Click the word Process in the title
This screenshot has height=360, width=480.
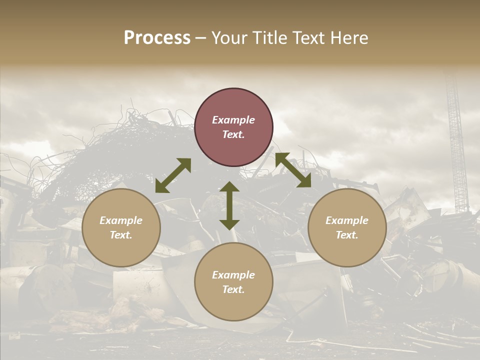(x=157, y=38)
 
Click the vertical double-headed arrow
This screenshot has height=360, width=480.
(x=229, y=206)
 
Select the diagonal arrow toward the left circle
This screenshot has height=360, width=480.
(x=173, y=175)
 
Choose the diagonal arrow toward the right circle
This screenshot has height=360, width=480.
(x=293, y=170)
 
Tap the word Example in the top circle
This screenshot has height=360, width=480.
(x=233, y=120)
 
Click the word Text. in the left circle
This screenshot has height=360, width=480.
(x=121, y=235)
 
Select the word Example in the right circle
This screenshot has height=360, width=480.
(x=347, y=220)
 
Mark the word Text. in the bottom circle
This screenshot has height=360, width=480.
(x=233, y=289)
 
